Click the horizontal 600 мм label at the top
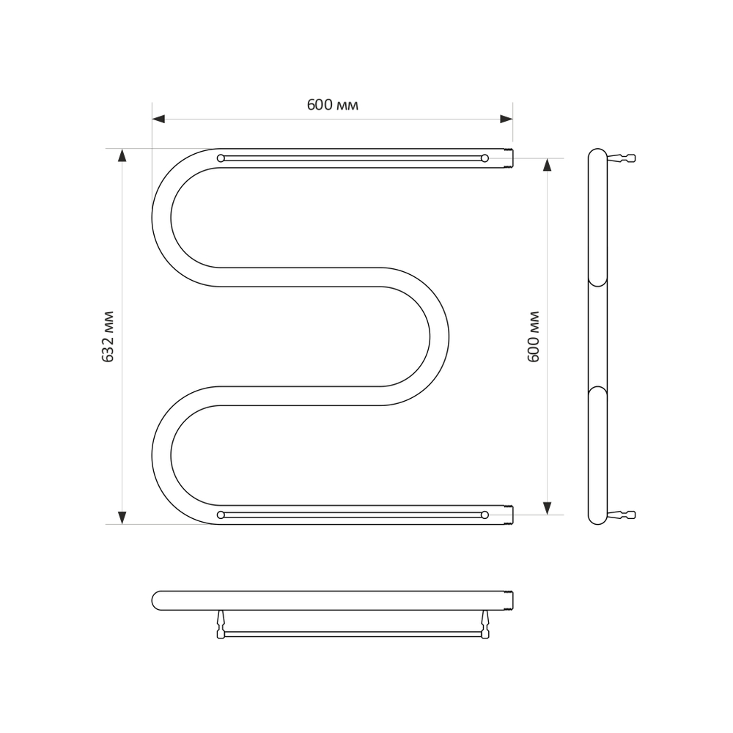[332, 105]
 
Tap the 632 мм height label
[108, 336]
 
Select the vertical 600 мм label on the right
[534, 336]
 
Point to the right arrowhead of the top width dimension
[506, 119]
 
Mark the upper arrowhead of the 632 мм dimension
[122, 155]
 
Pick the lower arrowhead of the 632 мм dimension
[122, 517]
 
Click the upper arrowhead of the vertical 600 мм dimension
[547, 165]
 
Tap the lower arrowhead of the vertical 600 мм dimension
[547, 507]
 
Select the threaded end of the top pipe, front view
[509, 158]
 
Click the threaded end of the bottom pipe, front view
[509, 515]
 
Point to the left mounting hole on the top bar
[221, 158]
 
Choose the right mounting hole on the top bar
[485, 158]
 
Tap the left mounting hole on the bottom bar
[221, 515]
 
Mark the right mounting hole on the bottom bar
[485, 515]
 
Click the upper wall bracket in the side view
[622, 158]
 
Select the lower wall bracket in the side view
[622, 515]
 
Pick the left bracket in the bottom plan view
[221, 625]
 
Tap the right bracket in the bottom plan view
[485, 625]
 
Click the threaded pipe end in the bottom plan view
[509, 600]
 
